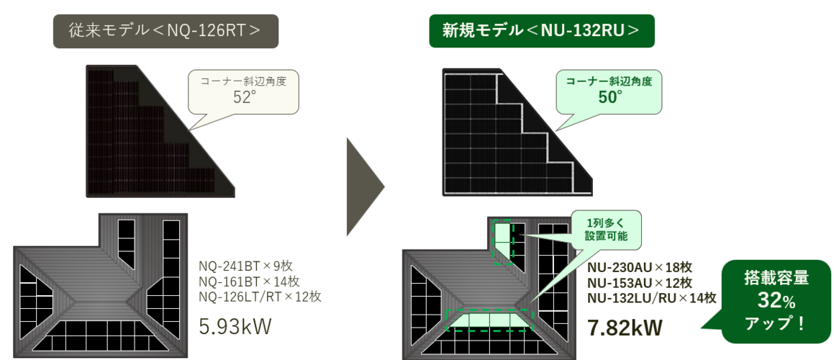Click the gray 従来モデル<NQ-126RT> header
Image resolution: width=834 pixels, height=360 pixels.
click(166, 31)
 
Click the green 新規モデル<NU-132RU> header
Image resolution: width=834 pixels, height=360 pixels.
click(541, 31)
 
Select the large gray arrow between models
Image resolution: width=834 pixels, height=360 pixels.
click(365, 186)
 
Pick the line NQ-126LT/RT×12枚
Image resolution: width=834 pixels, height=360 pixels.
click(260, 296)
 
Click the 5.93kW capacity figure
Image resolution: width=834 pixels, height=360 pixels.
click(235, 326)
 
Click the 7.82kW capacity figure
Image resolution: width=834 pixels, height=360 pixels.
click(625, 328)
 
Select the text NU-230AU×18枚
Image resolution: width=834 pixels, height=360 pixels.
click(639, 267)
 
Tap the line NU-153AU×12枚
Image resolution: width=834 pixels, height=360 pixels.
click(639, 283)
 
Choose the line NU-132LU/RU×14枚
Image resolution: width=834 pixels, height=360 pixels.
click(652, 297)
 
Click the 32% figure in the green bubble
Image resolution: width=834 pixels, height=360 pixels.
click(776, 302)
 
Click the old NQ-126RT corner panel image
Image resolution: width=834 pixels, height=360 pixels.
click(160, 131)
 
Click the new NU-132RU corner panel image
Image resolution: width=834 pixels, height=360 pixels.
click(517, 132)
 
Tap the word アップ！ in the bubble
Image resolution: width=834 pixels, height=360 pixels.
click(776, 324)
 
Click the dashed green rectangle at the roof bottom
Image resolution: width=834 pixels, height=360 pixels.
click(489, 320)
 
